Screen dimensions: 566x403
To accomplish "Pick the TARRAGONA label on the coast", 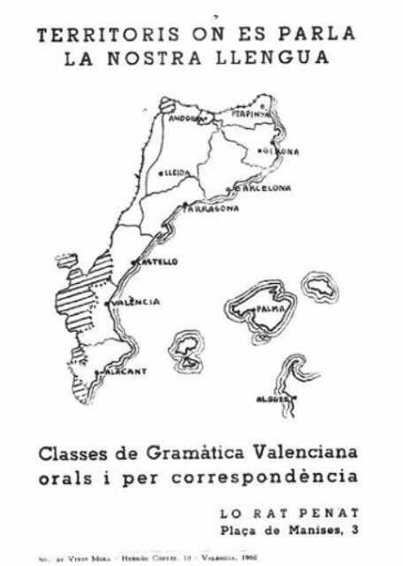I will coord(212,209).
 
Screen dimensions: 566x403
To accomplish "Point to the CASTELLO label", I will coord(157,262).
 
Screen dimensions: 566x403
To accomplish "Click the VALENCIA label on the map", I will coord(137,302).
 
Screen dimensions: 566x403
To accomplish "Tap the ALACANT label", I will coord(123,371).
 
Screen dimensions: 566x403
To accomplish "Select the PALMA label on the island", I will coord(269,309).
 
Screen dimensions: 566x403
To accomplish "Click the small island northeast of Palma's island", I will coord(321,286).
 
